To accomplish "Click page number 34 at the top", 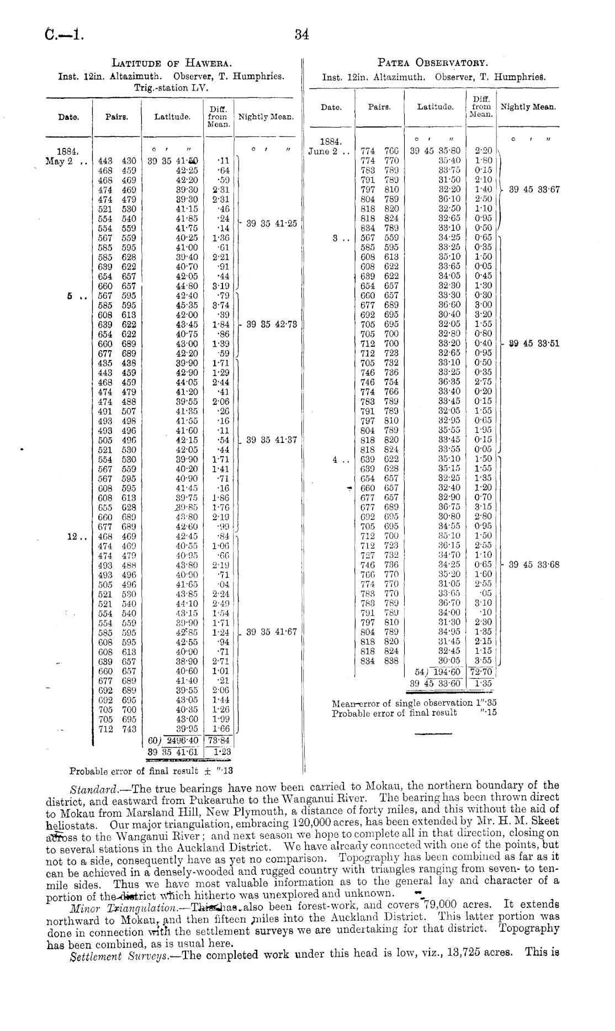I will click(301, 35).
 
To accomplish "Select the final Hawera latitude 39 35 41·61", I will click(173, 751).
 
